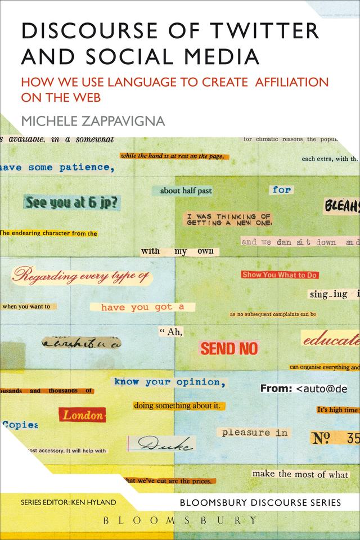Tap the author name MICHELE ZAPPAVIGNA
[93, 121]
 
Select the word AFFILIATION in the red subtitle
[292, 81]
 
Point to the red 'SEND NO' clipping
[229, 349]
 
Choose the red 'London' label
[82, 416]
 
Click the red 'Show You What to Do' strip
[280, 275]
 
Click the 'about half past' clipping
[186, 191]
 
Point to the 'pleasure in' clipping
[255, 433]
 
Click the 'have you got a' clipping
[143, 307]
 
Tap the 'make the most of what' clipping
[300, 474]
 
